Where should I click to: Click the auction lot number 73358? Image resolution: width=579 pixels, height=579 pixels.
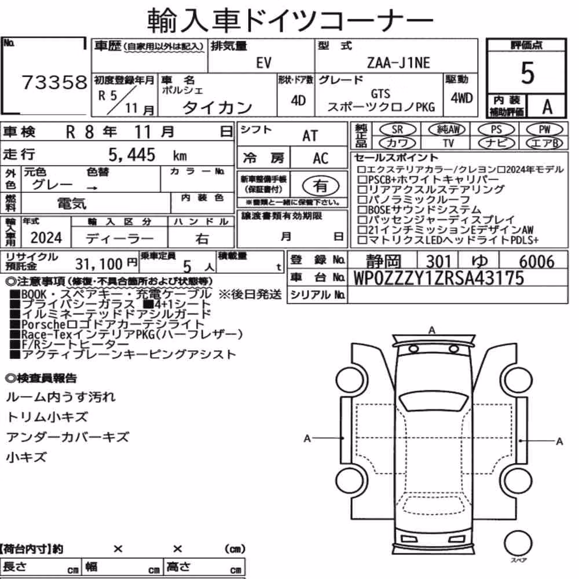pos(54,82)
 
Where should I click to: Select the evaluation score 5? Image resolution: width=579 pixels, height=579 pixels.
pos(527,73)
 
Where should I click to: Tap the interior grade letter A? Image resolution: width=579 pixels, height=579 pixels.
pos(547,107)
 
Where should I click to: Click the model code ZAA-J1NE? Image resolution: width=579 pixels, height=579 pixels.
pos(398,63)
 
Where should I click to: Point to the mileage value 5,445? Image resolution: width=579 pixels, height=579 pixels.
pos(132,155)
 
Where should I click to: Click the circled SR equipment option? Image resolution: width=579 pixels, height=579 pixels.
pos(398,130)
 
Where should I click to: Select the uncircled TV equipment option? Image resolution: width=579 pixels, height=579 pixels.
pos(448,143)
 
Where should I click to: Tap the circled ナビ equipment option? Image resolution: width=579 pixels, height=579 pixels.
pos(496,143)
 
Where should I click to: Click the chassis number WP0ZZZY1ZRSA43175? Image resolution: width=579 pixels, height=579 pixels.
pos(439,278)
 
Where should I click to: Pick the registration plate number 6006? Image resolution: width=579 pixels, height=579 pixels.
pos(537,262)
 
